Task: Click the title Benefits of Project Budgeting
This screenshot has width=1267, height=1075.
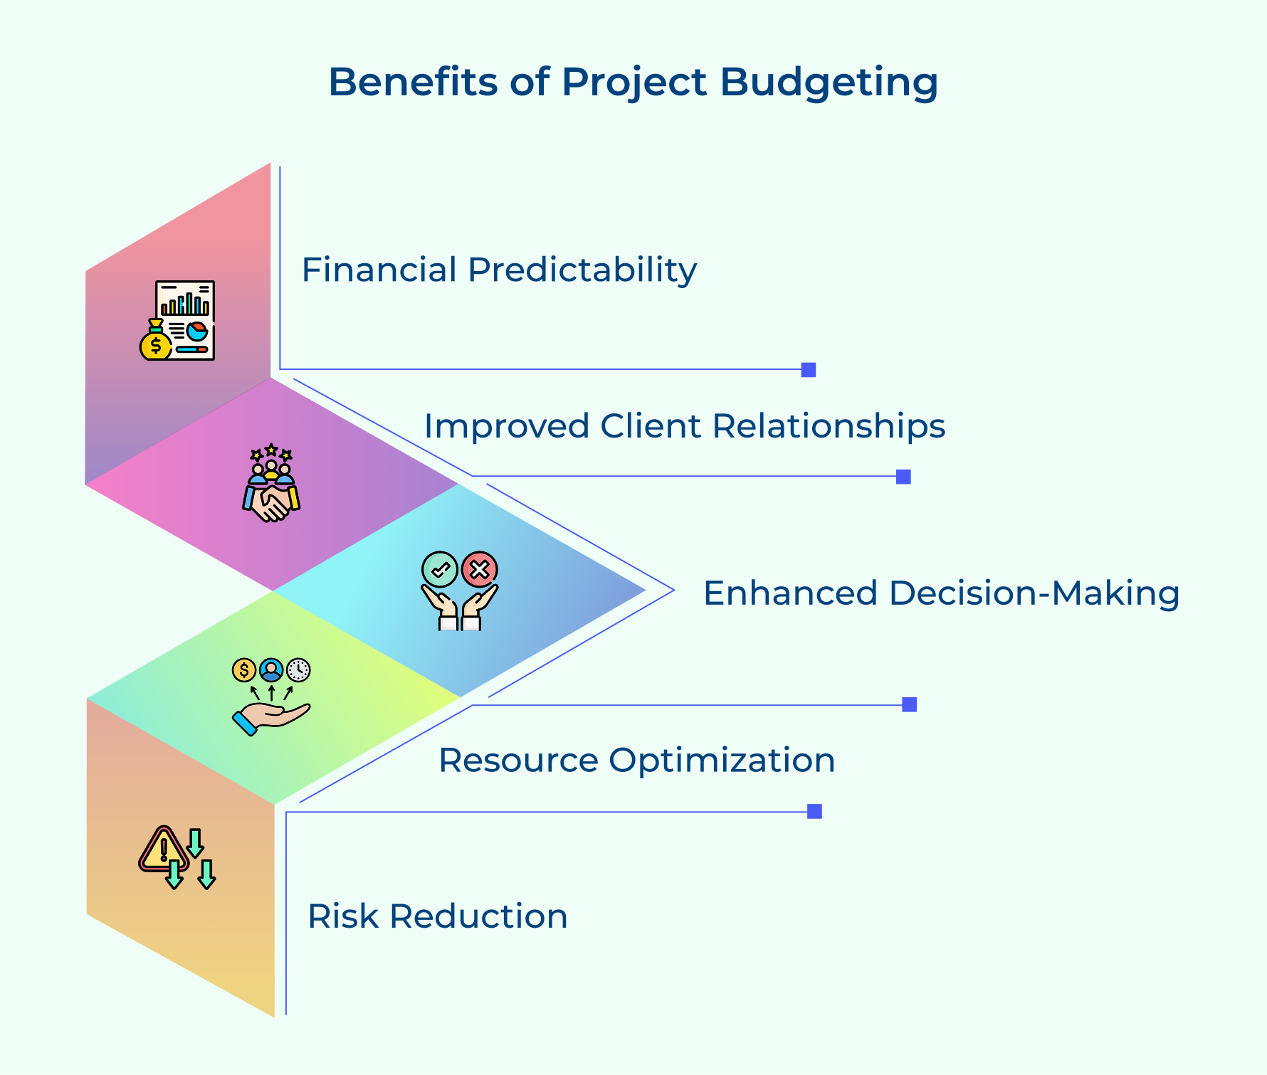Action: (x=633, y=82)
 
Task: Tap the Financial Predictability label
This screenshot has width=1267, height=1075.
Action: (x=499, y=270)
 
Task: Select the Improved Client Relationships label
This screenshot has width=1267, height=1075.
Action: (x=684, y=426)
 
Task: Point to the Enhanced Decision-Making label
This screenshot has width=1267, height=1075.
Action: (x=941, y=593)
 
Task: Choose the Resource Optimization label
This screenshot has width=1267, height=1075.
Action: (x=636, y=760)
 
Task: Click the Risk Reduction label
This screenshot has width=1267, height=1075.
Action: (x=437, y=916)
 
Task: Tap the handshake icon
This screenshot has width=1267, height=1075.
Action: (x=270, y=502)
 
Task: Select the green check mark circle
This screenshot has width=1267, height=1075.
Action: (x=440, y=569)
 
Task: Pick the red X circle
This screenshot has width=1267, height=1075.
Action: (x=480, y=569)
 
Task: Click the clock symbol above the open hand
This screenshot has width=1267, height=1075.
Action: (x=298, y=670)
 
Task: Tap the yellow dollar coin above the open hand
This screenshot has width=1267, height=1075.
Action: (x=244, y=670)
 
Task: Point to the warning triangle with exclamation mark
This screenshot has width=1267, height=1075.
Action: (x=164, y=849)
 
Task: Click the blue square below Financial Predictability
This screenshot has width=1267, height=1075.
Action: (x=808, y=370)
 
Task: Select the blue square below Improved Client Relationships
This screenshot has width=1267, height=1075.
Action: (x=903, y=477)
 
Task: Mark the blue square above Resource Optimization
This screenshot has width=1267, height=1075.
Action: (x=909, y=704)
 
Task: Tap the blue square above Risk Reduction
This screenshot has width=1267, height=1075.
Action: (x=814, y=811)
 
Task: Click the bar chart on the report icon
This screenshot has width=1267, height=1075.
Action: (x=185, y=304)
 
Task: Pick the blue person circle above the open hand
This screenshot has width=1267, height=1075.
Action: (x=271, y=670)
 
